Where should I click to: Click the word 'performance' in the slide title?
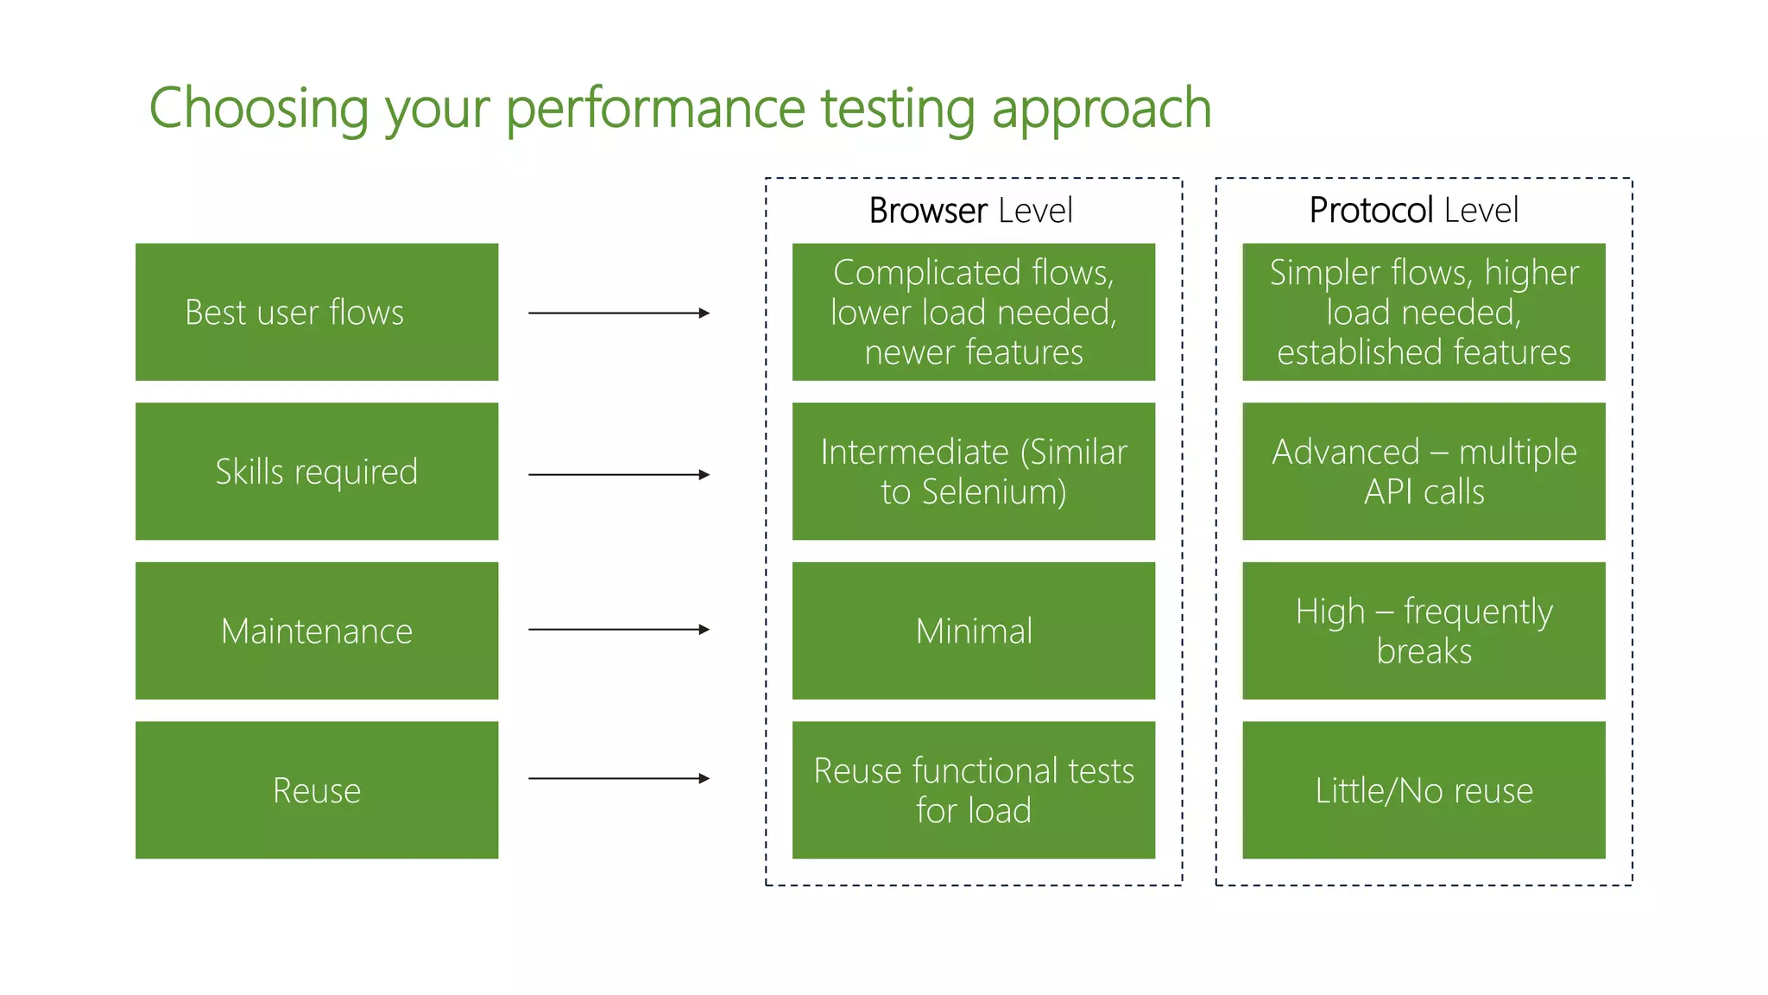(x=655, y=110)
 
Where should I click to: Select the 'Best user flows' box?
(x=316, y=312)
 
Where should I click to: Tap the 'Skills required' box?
(x=316, y=472)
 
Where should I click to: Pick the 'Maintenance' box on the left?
(x=316, y=631)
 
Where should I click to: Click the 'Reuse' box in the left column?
(x=316, y=789)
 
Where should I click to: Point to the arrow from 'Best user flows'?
(x=618, y=313)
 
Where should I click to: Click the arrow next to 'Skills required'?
(x=618, y=474)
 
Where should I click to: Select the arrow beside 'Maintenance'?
(x=618, y=630)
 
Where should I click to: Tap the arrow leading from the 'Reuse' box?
(x=618, y=778)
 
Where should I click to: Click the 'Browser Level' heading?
(x=970, y=211)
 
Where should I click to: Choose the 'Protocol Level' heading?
(x=1413, y=211)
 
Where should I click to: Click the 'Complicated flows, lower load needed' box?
(x=973, y=312)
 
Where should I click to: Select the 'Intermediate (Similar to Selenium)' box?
(x=973, y=472)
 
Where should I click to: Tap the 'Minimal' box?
(x=973, y=631)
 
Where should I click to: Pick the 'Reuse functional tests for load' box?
(x=973, y=789)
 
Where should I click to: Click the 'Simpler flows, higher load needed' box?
(x=1424, y=312)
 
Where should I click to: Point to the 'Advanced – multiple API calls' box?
(x=1424, y=472)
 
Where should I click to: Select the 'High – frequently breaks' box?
(x=1424, y=631)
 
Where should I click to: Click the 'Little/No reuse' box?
(x=1424, y=789)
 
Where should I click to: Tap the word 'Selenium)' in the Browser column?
(x=994, y=492)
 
